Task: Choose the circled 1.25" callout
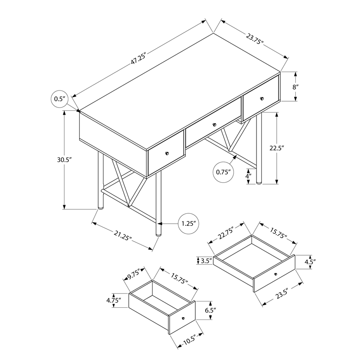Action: click(188, 224)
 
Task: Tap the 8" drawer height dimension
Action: click(295, 87)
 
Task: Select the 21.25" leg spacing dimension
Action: click(123, 236)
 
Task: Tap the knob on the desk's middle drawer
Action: click(214, 125)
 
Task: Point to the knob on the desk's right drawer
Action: click(260, 97)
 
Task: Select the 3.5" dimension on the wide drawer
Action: click(206, 261)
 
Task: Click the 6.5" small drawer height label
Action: click(210, 310)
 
